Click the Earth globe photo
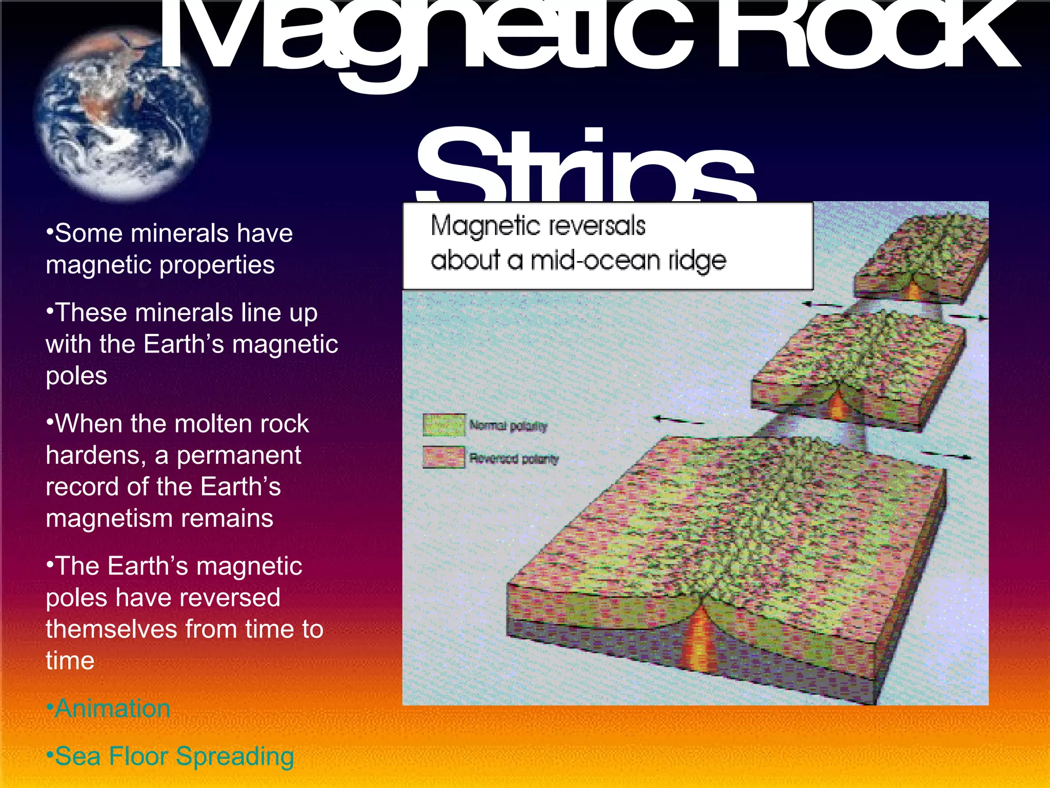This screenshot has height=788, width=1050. (x=122, y=114)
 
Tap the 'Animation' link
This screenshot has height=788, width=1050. (x=112, y=708)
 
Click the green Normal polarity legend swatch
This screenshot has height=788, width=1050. (x=444, y=425)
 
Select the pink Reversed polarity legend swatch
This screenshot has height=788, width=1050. (x=444, y=457)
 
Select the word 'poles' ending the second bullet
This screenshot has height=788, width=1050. (x=76, y=376)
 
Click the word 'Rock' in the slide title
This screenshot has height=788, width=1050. (x=866, y=38)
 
